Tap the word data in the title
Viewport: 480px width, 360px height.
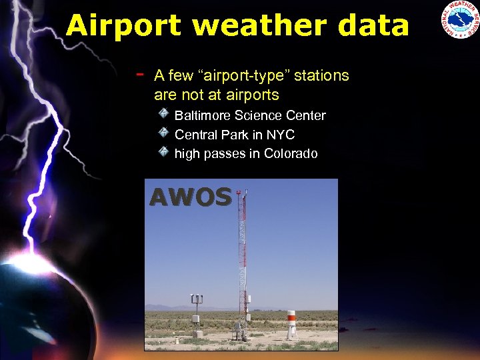coord(369,26)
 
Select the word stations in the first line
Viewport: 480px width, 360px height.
coord(321,75)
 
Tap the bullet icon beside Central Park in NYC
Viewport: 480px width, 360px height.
coord(163,133)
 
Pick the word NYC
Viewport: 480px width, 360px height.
coord(281,135)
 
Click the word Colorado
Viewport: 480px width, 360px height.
coord(291,153)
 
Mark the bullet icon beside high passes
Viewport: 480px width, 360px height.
coord(163,152)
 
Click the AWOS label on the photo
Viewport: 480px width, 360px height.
coord(191,197)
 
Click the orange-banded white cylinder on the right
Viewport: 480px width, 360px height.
coord(291,323)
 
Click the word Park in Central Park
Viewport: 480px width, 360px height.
coord(234,135)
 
